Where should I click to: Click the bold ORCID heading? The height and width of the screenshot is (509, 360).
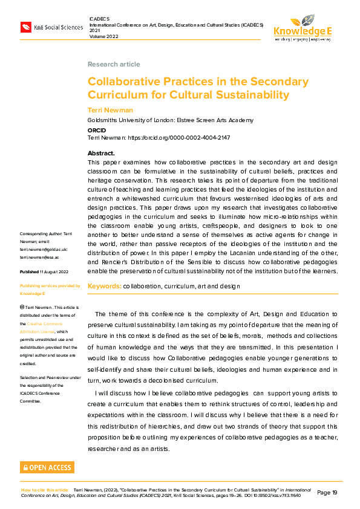tap(96, 129)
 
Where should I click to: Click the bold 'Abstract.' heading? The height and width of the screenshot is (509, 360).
tap(101, 154)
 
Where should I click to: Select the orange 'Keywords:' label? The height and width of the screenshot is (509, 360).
tap(104, 285)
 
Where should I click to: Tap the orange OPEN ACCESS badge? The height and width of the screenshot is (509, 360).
tap(47, 467)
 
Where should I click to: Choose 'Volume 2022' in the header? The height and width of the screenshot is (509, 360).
tap(105, 36)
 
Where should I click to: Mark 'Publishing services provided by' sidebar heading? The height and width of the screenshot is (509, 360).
tap(50, 285)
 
